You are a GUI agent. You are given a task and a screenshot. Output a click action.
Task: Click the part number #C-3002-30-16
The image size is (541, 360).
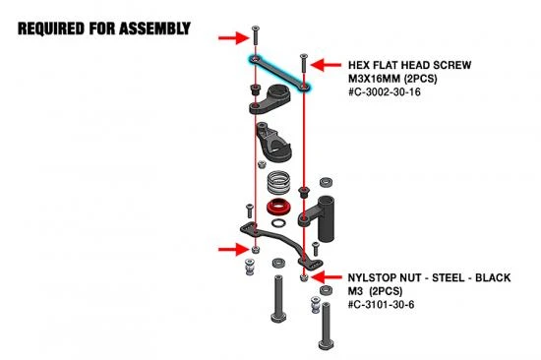[x=385, y=92]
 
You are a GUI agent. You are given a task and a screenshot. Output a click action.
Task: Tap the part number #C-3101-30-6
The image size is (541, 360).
[x=382, y=305]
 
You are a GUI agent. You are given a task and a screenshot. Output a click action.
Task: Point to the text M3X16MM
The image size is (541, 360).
[x=375, y=79]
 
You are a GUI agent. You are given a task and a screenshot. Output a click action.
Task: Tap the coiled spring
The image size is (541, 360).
[x=278, y=183]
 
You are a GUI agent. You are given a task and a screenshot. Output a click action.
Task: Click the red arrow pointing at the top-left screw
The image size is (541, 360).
[x=233, y=37]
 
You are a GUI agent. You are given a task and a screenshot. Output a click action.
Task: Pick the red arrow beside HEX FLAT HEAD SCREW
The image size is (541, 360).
[x=326, y=65]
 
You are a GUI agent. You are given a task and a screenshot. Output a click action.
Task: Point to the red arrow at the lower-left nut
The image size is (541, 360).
[x=233, y=249]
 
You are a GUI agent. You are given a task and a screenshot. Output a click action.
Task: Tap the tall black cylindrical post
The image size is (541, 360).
[x=326, y=218]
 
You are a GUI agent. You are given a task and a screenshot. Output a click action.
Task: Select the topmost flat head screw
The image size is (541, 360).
[x=256, y=35]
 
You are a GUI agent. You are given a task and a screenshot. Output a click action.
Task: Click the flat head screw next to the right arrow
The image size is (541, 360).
[x=304, y=63]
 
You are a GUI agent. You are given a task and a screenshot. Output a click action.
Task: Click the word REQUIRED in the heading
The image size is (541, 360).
[x=51, y=29]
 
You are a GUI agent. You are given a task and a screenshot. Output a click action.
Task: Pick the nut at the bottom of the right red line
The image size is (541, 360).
[x=304, y=277]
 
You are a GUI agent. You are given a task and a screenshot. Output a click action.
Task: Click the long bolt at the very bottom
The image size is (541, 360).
[x=326, y=327]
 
